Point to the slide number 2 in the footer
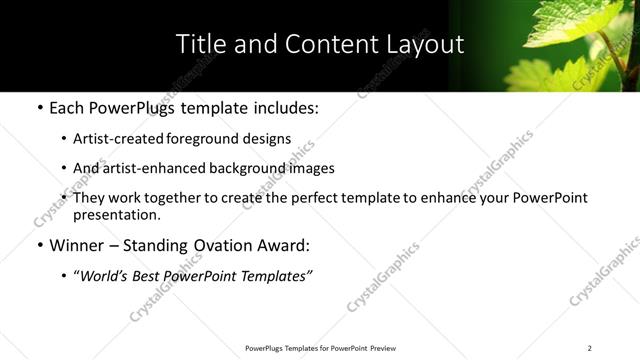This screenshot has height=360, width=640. [590, 348]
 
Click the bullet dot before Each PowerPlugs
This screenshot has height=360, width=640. [39, 106]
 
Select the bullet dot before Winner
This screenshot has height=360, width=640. [39, 245]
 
